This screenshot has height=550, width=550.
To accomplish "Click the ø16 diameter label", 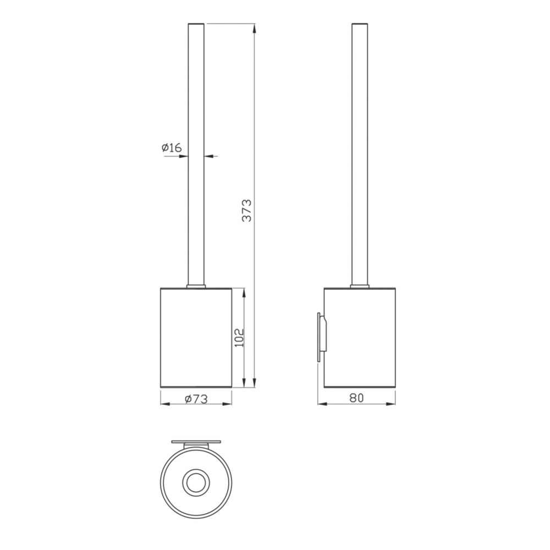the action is (x=172, y=147).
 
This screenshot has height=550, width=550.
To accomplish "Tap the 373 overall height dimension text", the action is (x=247, y=211).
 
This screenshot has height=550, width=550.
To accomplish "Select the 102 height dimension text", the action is (x=239, y=338).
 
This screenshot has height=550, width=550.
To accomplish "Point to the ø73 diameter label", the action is (x=196, y=399).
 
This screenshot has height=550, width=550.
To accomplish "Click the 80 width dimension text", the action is (x=357, y=398).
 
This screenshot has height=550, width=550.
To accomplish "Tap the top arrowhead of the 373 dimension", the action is (x=254, y=29).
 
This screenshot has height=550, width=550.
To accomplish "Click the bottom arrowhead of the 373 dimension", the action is (x=254, y=382).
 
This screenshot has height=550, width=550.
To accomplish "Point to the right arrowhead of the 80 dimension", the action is (x=391, y=404).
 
